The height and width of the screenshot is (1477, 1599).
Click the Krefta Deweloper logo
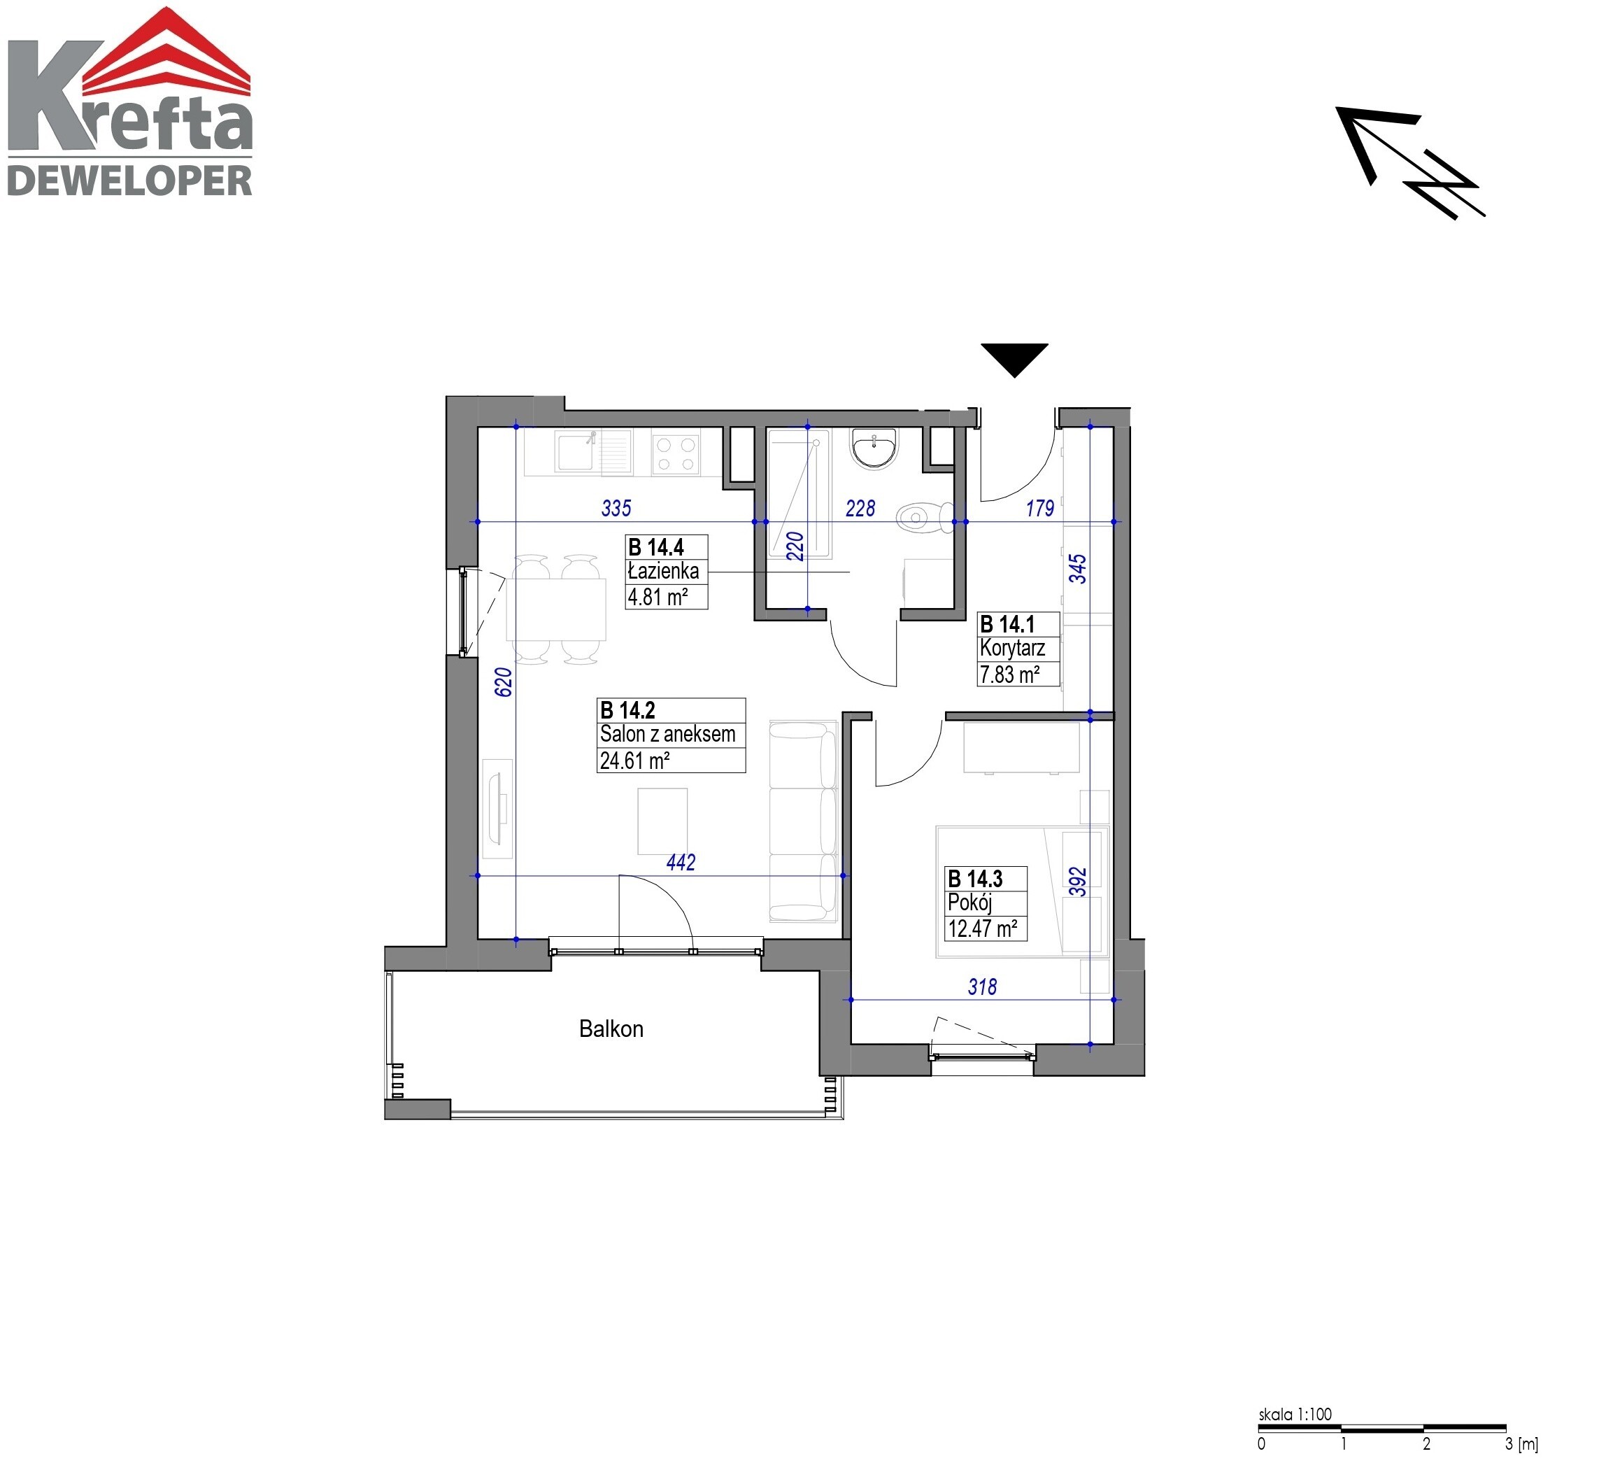pyautogui.click(x=129, y=101)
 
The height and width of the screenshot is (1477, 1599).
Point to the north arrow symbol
pyautogui.click(x=1409, y=162)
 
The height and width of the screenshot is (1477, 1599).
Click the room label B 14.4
pyautogui.click(x=656, y=547)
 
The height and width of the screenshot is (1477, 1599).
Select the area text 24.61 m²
pyautogui.click(x=634, y=760)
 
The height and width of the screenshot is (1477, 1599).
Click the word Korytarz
pyautogui.click(x=1012, y=648)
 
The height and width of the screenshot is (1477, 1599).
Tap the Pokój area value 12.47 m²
pyautogui.click(x=982, y=928)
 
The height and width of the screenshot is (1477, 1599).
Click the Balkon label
pyautogui.click(x=611, y=1029)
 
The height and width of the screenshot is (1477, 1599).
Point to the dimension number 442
pyautogui.click(x=681, y=863)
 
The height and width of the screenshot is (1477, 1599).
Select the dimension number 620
pyautogui.click(x=504, y=681)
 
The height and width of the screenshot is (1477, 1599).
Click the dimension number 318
pyautogui.click(x=982, y=987)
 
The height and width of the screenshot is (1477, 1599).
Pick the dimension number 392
pyautogui.click(x=1078, y=882)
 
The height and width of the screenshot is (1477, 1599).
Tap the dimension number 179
pyautogui.click(x=1039, y=509)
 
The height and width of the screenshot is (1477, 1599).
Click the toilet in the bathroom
pyautogui.click(x=925, y=517)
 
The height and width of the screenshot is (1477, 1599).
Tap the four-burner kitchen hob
pyautogui.click(x=675, y=453)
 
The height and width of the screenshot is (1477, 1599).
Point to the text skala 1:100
pyautogui.click(x=1295, y=1414)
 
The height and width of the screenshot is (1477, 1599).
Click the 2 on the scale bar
pyautogui.click(x=1426, y=1444)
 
